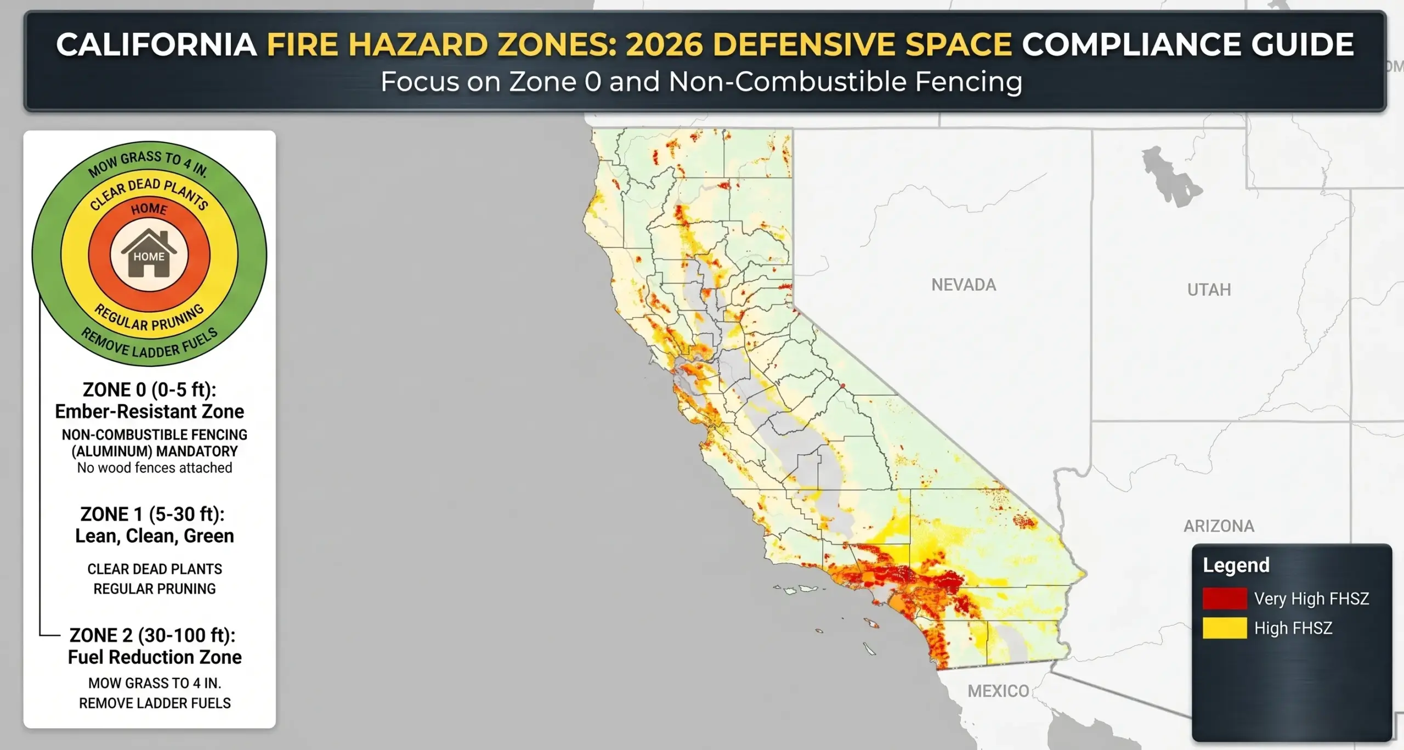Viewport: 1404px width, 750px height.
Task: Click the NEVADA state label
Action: [963, 285]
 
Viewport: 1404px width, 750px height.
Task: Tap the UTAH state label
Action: [1209, 290]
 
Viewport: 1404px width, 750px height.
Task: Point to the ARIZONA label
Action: [1219, 526]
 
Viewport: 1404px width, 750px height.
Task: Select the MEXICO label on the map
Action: [998, 691]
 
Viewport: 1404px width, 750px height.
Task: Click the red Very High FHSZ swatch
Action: [1225, 599]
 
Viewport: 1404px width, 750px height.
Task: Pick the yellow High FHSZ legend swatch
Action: [1225, 628]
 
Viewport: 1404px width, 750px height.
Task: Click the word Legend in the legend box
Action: [1236, 565]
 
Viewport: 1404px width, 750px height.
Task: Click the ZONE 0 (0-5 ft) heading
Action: [149, 390]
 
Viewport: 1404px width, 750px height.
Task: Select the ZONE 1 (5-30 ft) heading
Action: [152, 514]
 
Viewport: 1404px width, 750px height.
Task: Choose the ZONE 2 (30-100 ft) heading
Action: [152, 635]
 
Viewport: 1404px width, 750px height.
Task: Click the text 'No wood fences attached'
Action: [154, 468]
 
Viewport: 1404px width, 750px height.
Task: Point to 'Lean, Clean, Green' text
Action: [154, 536]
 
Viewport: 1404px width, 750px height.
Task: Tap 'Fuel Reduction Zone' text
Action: [154, 657]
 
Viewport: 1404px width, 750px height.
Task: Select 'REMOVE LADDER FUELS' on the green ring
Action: [149, 346]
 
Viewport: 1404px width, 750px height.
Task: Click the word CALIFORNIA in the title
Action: [156, 45]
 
